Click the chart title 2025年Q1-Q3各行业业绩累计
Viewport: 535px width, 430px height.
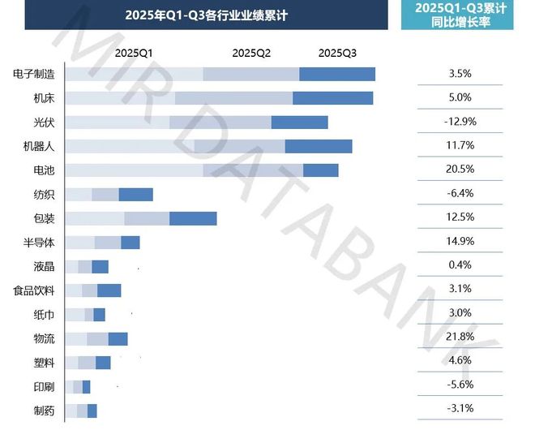207,15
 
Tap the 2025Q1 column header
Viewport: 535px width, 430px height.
134,53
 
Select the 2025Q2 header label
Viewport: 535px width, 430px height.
251,53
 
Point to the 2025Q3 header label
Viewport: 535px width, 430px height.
337,53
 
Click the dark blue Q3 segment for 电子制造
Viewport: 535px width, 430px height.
337,75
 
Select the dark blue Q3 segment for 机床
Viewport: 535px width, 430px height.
332,98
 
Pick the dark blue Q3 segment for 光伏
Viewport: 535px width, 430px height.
299,123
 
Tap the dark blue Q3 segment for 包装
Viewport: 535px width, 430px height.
193,219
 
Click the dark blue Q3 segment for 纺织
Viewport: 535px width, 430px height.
135,195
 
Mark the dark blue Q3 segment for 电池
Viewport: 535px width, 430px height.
320,170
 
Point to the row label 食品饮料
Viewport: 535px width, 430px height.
34,290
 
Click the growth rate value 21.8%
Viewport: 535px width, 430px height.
460,338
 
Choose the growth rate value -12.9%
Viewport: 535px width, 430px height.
460,122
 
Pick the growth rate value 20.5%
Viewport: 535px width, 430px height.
460,170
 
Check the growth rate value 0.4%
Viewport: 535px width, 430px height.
460,265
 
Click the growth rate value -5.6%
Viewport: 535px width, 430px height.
460,385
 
